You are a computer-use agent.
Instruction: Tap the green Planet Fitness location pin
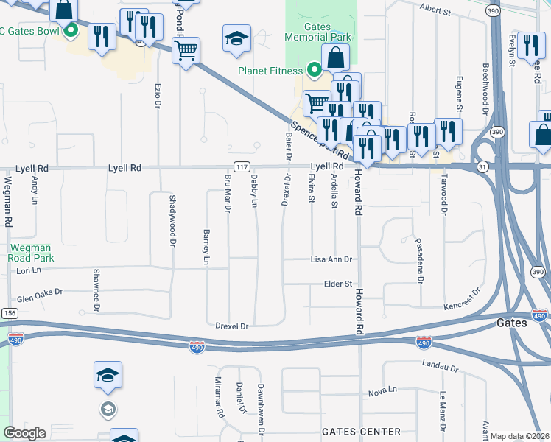(x=315, y=71)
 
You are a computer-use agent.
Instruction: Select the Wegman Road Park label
(x=32, y=253)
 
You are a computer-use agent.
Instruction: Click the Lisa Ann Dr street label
(x=331, y=260)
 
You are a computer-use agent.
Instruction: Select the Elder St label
(x=339, y=284)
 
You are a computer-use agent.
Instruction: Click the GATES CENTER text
(x=362, y=432)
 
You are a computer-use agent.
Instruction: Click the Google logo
(x=24, y=432)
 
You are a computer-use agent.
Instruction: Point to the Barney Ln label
(x=206, y=246)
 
